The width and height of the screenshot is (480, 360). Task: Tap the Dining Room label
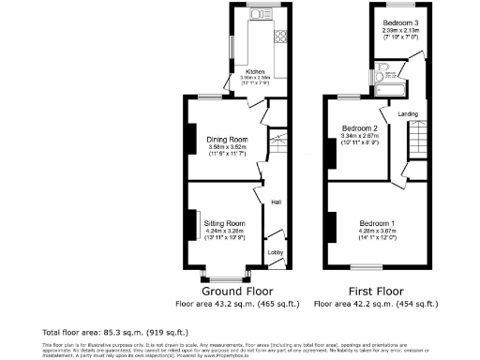225,140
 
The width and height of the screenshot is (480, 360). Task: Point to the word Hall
277,201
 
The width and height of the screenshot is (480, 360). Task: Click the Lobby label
276,252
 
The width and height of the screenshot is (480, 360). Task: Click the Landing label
408,114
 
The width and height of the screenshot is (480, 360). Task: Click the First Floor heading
375,292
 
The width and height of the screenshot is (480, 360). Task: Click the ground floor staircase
277,145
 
